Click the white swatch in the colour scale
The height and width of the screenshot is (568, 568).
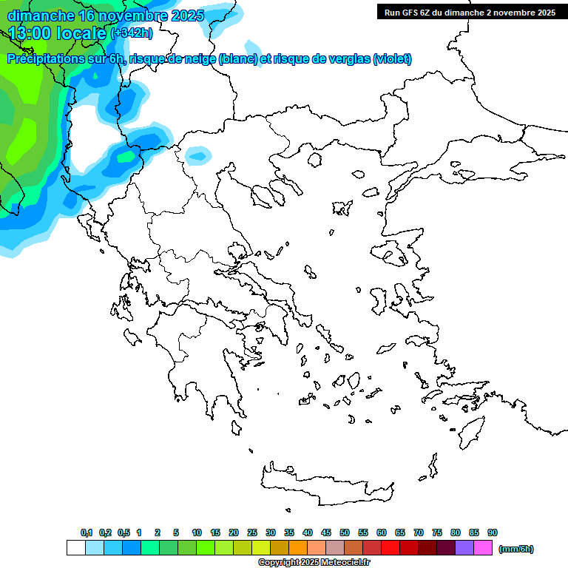(x=75, y=548)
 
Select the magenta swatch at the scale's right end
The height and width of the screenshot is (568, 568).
(x=483, y=548)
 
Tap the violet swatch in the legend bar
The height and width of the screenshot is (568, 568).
(x=464, y=548)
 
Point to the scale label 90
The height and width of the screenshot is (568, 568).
(x=493, y=532)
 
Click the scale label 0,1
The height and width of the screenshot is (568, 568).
(x=86, y=532)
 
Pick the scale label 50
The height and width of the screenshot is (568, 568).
(x=345, y=532)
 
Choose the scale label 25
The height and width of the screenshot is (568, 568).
(x=252, y=532)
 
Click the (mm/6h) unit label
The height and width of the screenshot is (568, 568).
(x=516, y=549)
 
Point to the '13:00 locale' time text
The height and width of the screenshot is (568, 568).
(x=58, y=33)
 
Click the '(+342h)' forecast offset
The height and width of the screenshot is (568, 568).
(x=132, y=33)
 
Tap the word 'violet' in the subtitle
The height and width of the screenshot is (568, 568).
(x=392, y=59)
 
